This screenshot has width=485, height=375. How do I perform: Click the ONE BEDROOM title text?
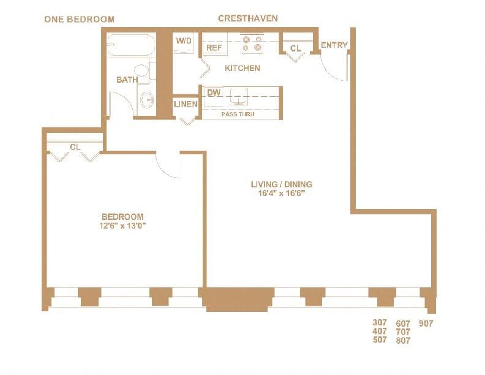click(79, 19)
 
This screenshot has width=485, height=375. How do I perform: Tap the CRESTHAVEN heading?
click(247, 18)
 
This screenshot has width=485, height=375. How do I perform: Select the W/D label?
click(184, 41)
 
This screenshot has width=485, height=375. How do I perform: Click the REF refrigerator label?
click(214, 47)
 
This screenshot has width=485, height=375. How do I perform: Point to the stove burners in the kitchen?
click(252, 44)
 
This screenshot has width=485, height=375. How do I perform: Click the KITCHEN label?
click(242, 68)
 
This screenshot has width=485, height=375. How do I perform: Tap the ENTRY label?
click(334, 45)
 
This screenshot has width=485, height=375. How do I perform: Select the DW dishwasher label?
click(214, 93)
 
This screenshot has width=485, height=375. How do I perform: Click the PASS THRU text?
click(238, 114)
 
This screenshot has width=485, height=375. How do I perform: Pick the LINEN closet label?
click(186, 104)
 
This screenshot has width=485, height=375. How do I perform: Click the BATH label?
click(127, 80)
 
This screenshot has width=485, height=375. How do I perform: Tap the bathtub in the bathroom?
click(131, 46)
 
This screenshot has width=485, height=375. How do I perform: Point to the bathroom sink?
click(146, 99)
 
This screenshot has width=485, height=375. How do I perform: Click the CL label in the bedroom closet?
click(75, 147)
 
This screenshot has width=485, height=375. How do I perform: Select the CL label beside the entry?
click(296, 48)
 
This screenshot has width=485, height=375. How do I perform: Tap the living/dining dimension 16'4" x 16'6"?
click(282, 193)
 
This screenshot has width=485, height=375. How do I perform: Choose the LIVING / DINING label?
click(282, 184)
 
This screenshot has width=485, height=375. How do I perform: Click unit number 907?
click(426, 324)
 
